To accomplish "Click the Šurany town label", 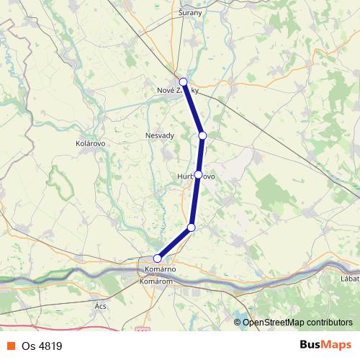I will click(x=191, y=13).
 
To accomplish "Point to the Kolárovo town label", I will click(x=91, y=143).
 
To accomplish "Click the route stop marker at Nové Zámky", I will click(x=184, y=82).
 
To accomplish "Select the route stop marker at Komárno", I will click(x=158, y=258).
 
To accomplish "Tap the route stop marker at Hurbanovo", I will click(x=198, y=174).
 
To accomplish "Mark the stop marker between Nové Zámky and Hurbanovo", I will click(x=202, y=135).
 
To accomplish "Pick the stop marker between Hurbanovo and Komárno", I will click(x=191, y=228).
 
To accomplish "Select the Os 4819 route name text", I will click(x=42, y=346).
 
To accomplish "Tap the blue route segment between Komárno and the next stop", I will click(x=174, y=243).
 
